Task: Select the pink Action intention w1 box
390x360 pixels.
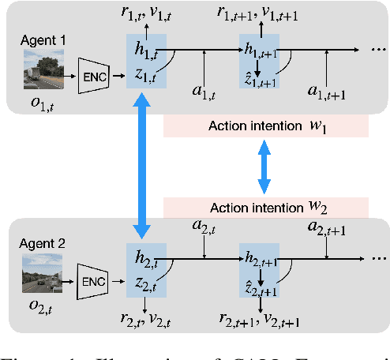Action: click(x=265, y=126)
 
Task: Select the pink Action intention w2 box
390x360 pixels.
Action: click(x=265, y=208)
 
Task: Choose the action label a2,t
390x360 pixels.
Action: click(x=204, y=227)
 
